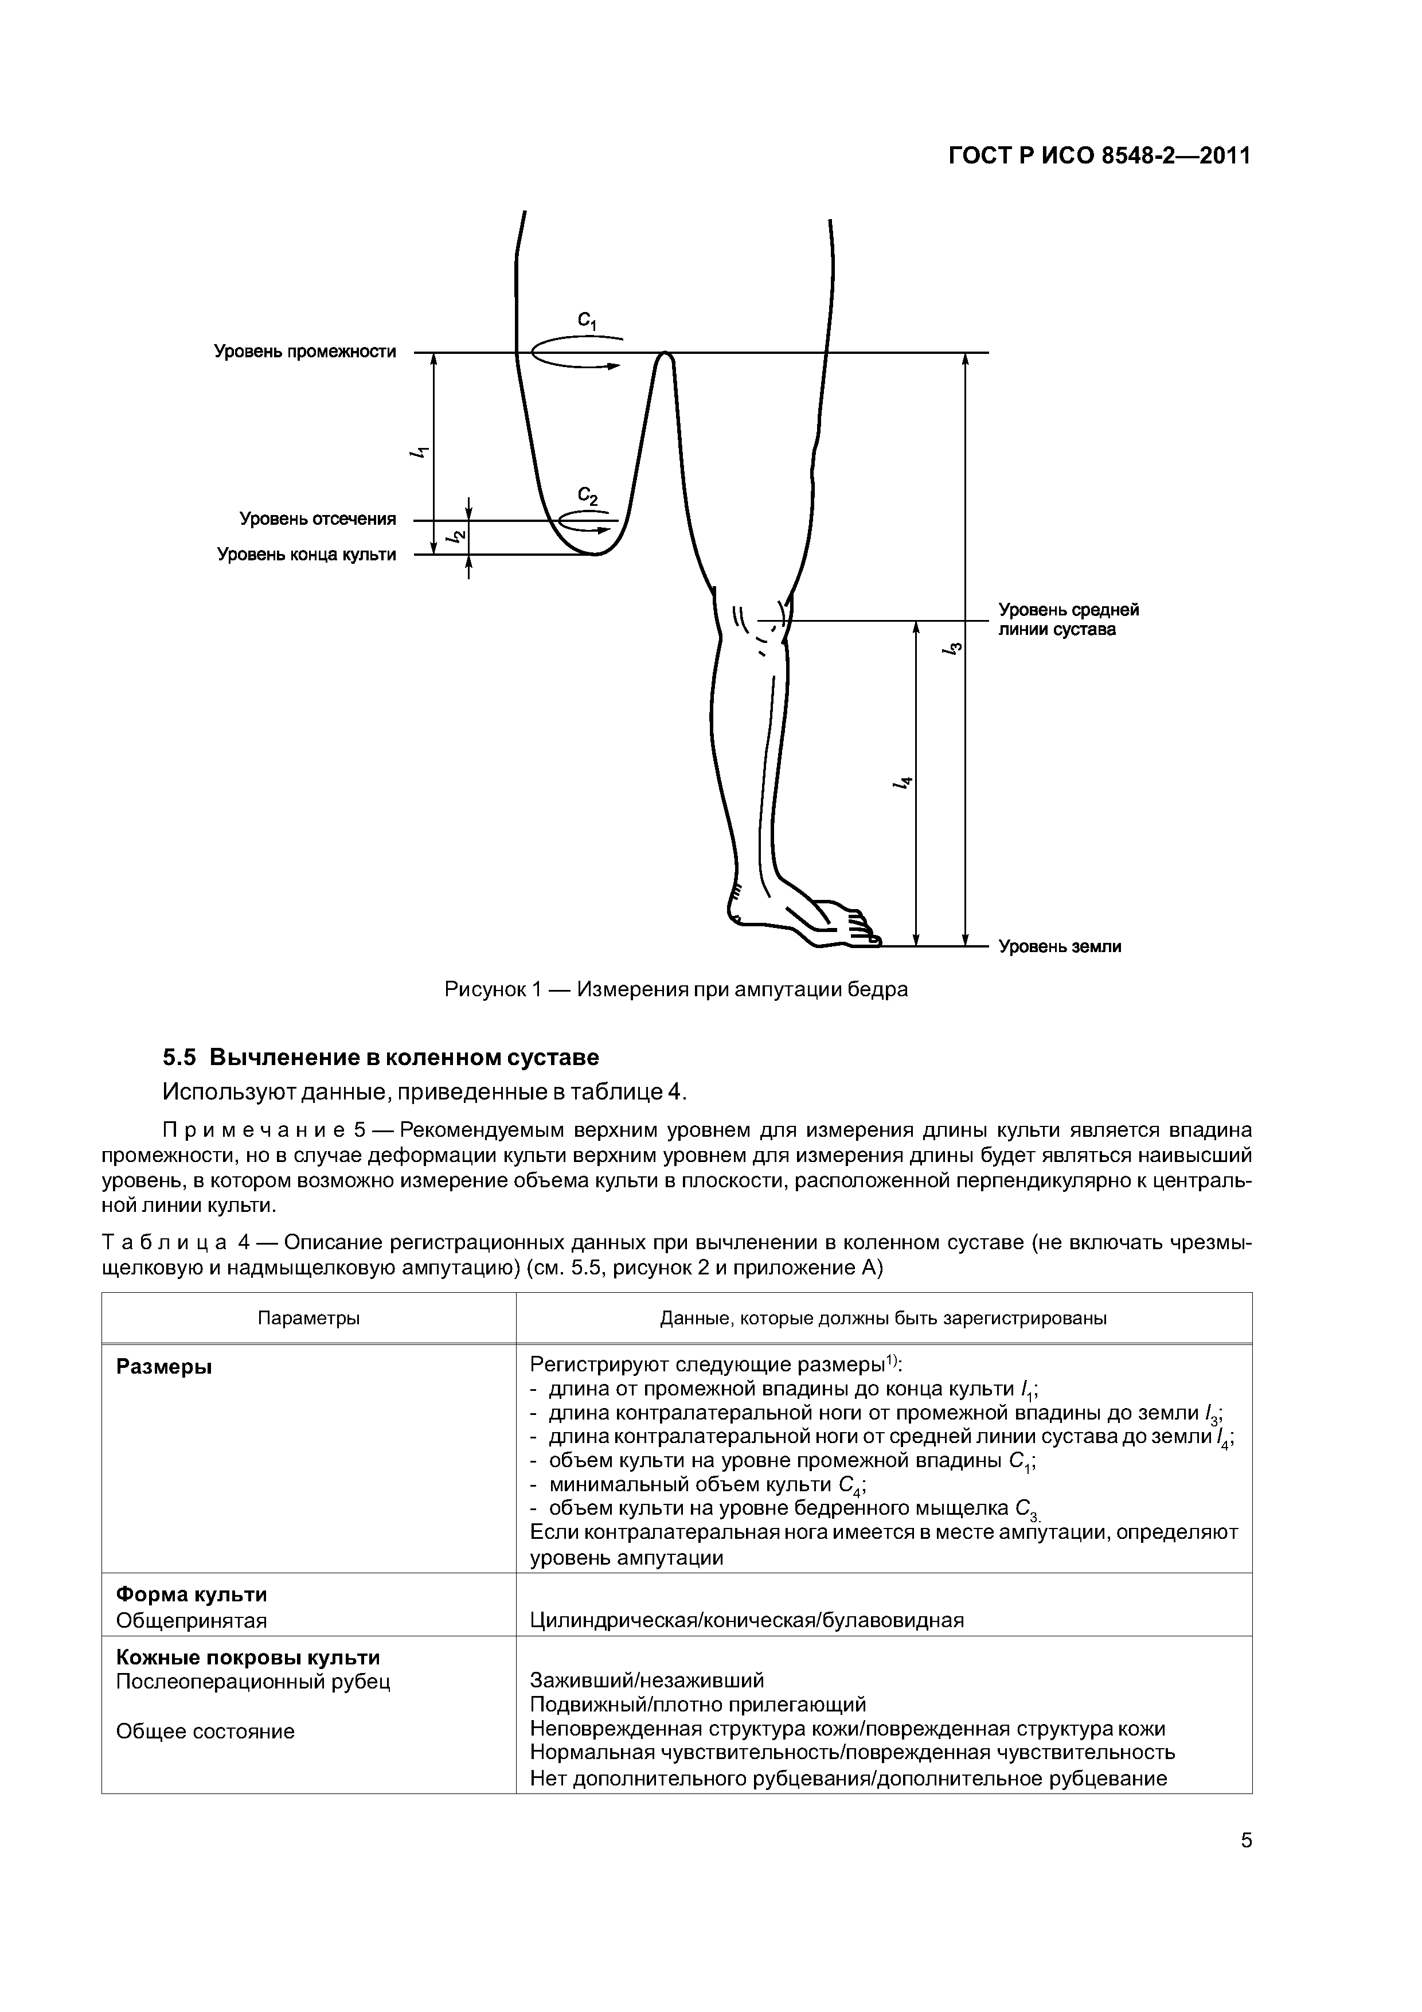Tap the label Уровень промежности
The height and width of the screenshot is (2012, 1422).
[x=305, y=352]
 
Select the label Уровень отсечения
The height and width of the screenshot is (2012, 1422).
[x=317, y=520]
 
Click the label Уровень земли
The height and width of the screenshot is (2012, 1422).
[x=1060, y=946]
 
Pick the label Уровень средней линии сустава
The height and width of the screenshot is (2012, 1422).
[x=1068, y=619]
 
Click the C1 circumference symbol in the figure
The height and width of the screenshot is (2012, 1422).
[x=586, y=322]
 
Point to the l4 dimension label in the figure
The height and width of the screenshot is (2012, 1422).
[x=903, y=784]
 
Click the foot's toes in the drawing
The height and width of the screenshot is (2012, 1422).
[x=862, y=927]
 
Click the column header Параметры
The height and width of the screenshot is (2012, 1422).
[x=308, y=1318]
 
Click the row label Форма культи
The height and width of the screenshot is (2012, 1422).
[x=192, y=1594]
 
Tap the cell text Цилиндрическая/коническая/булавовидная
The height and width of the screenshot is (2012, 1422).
[x=747, y=1620]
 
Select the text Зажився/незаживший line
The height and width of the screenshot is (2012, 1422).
[x=647, y=1680]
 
